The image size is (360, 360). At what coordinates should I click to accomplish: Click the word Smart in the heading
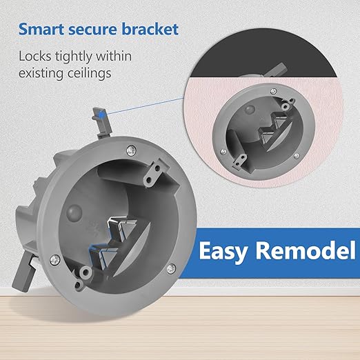[x=41, y=29]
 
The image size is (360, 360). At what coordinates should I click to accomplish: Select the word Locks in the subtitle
[x=34, y=57]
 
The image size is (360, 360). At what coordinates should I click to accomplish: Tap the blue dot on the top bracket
[x=101, y=113]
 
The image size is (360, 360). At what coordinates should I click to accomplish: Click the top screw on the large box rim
[x=131, y=150]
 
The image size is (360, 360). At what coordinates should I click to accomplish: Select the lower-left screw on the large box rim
[x=55, y=260]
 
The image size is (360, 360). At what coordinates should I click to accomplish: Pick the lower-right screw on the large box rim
[x=171, y=268]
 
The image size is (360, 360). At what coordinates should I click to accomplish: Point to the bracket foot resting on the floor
[x=23, y=273]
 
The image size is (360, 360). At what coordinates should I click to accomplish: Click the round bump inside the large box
[x=74, y=212]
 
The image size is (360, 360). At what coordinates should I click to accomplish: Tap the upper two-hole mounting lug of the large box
[x=153, y=173]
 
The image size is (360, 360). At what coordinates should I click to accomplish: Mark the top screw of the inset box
[x=274, y=91]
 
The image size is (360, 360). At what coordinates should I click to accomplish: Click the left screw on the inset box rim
[x=223, y=152]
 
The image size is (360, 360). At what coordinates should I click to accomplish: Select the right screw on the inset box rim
[x=297, y=156]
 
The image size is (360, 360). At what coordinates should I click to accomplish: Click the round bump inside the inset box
[x=250, y=110]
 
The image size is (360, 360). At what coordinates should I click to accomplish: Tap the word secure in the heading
[x=93, y=29]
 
